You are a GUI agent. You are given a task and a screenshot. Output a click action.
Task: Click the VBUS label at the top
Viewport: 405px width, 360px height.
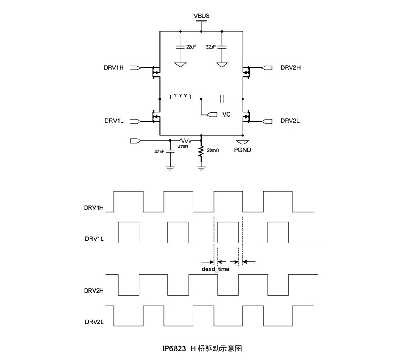201,15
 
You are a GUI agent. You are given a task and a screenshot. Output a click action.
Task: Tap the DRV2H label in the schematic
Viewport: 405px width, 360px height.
291,68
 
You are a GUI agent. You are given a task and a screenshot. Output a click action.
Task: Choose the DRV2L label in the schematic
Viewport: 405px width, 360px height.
290,121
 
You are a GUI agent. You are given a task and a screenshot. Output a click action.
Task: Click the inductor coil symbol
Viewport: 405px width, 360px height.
180,96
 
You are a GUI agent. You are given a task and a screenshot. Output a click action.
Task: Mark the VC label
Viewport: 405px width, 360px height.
226,115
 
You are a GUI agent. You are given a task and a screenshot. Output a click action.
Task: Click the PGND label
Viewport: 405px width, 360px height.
243,150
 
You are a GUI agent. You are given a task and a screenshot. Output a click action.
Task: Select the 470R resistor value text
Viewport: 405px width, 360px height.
183,147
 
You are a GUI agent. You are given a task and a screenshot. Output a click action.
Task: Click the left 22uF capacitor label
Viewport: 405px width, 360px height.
191,47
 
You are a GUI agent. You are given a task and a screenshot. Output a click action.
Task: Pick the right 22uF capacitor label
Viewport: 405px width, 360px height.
210,47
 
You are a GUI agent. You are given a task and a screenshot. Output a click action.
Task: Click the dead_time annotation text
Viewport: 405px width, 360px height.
216,269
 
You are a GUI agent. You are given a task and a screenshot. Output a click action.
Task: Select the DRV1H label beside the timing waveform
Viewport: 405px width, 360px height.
94,208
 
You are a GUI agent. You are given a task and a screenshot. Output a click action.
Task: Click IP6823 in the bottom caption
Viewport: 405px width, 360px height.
174,348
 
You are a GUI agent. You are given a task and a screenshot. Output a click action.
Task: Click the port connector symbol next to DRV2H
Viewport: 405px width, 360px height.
267,68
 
